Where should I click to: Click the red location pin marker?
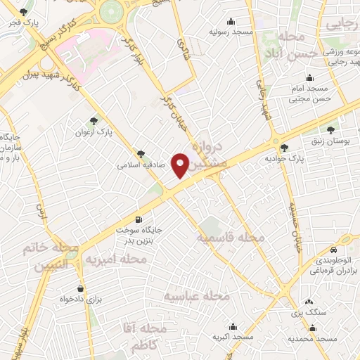coord(181,165)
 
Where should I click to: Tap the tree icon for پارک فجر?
coord(25,13)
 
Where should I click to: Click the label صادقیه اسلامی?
coord(141,166)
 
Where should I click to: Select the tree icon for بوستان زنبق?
coord(331,129)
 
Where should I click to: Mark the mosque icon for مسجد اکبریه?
coord(233,327)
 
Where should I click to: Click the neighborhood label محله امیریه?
coord(116,260)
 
